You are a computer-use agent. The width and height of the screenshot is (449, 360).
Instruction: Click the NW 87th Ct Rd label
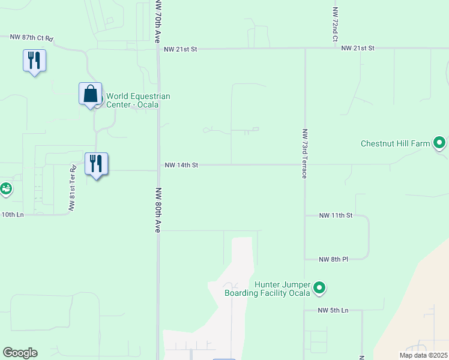pyautogui.click(x=32, y=38)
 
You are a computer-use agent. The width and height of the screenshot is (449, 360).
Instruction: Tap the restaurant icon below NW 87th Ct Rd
pyautogui.click(x=34, y=61)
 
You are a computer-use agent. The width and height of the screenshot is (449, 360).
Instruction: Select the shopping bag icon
pyautogui.click(x=90, y=94)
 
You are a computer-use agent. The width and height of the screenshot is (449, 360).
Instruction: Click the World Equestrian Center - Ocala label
pyautogui.click(x=138, y=100)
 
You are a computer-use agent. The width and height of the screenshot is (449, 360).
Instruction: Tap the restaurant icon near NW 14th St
pyautogui.click(x=96, y=164)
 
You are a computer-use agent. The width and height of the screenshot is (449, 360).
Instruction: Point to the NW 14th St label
pyautogui.click(x=181, y=165)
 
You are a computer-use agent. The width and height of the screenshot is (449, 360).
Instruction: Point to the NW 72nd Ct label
pyautogui.click(x=335, y=24)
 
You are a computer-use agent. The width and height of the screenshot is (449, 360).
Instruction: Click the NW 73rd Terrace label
pyautogui.click(x=305, y=154)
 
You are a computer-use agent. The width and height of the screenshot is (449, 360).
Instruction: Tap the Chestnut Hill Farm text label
pyautogui.click(x=396, y=144)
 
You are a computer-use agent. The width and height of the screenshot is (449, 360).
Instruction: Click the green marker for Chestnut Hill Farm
pyautogui.click(x=440, y=143)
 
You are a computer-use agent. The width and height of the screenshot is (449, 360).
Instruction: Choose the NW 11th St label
pyautogui.click(x=336, y=215)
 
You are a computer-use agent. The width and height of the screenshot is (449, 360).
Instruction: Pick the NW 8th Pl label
pyautogui.click(x=334, y=259)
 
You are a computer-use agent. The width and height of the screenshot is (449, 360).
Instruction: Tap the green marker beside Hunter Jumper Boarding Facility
pyautogui.click(x=320, y=289)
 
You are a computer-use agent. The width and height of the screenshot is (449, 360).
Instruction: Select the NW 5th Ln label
pyautogui.click(x=334, y=310)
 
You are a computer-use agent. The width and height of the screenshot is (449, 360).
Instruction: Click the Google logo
pyautogui.click(x=20, y=353)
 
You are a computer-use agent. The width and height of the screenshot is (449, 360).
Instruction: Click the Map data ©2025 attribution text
pyautogui.click(x=423, y=355)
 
